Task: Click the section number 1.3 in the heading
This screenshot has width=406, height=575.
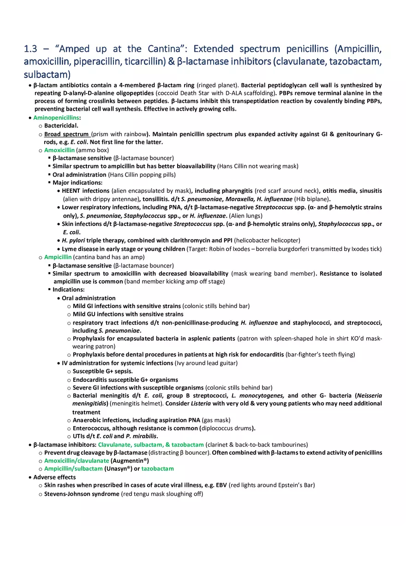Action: pos(32,49)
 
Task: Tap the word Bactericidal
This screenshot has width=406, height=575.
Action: pos(61,125)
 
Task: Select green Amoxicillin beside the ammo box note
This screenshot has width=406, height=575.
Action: pos(59,150)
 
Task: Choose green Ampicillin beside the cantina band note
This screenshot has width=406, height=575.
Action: pos(58,257)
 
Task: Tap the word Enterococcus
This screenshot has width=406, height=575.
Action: pos(92,428)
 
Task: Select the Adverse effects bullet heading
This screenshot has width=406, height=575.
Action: pos(54,477)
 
